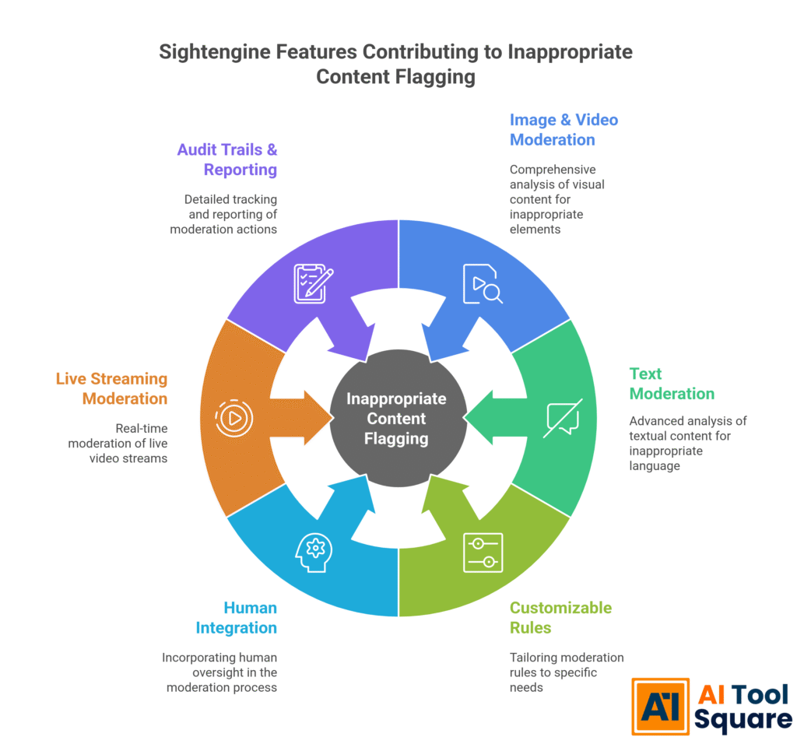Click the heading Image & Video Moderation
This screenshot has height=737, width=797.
(x=564, y=130)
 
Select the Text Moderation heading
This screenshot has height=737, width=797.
(x=672, y=384)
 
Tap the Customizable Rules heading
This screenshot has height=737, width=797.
(x=560, y=617)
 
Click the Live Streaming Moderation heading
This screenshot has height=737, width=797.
(x=111, y=388)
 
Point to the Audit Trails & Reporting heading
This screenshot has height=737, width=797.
(x=226, y=159)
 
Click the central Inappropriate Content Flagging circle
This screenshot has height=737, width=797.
(x=397, y=419)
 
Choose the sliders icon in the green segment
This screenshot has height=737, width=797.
(x=483, y=553)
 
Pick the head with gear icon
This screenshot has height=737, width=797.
(x=314, y=552)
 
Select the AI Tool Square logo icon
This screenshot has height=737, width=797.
(x=659, y=706)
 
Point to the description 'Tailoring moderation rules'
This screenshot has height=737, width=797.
(x=567, y=672)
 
